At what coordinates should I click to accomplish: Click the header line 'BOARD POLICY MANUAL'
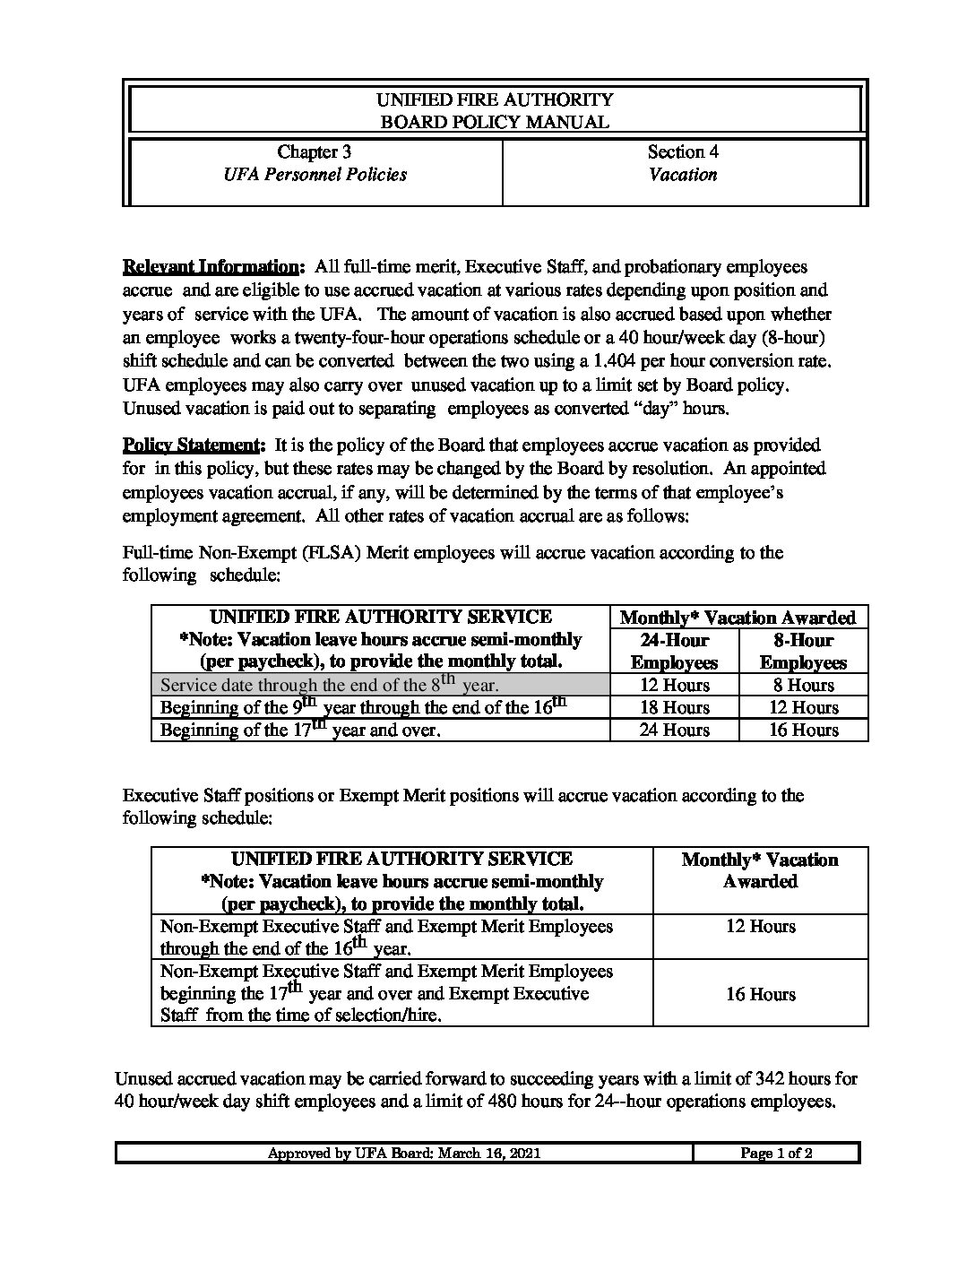[495, 122]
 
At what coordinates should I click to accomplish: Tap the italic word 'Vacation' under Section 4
[683, 175]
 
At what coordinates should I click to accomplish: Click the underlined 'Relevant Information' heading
[210, 267]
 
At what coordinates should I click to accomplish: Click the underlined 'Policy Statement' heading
[189, 445]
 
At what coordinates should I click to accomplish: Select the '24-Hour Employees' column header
[674, 652]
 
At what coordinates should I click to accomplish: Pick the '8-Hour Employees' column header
[803, 652]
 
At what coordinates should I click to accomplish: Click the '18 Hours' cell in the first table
[674, 707]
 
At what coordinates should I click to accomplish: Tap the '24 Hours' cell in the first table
[674, 730]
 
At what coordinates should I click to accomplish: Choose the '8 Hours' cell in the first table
[803, 685]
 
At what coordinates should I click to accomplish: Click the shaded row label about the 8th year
[329, 685]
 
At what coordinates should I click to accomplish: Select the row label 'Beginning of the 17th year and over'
[300, 730]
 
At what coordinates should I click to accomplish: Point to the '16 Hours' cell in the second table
[760, 994]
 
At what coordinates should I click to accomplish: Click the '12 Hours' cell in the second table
[760, 926]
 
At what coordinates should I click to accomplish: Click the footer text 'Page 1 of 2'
[776, 1154]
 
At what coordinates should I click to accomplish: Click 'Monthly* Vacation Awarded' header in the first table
[738, 618]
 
